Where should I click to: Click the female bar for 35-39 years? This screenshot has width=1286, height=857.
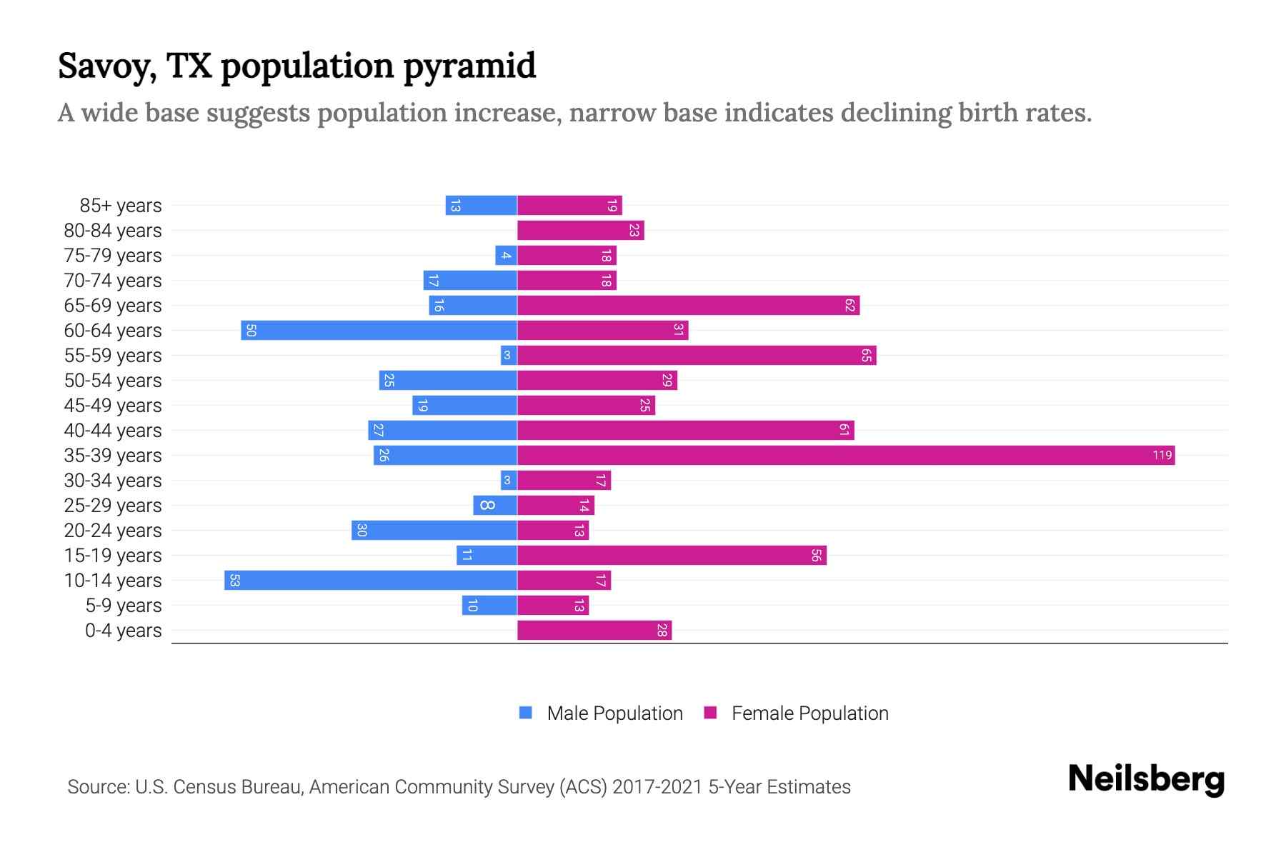pos(846,456)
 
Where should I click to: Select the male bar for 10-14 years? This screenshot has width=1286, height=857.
pos(371,581)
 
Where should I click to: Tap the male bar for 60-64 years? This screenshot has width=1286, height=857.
pos(379,331)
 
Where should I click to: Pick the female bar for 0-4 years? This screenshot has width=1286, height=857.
pos(594,631)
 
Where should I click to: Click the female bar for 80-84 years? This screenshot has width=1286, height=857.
pos(580,231)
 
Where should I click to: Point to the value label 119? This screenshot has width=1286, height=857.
pos(1162,456)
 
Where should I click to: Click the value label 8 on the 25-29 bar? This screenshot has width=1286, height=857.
pos(487,506)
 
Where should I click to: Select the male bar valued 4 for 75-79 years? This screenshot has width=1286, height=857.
pos(506,256)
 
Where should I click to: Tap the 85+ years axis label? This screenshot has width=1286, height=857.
pos(121,206)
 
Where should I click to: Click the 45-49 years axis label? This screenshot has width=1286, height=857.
pos(113,406)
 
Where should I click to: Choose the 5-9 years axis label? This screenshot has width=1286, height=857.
pos(124,606)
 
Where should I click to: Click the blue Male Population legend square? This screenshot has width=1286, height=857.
pos(526,713)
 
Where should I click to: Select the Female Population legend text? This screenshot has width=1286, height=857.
pos(809,713)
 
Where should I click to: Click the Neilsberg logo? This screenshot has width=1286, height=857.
pos(1146,780)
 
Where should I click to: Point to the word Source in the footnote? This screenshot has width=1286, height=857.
pos(97,787)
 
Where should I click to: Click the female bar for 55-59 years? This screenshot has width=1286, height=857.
pos(697,356)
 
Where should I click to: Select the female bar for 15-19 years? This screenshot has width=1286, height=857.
pos(672,556)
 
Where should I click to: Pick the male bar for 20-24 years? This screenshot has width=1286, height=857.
pos(434,531)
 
